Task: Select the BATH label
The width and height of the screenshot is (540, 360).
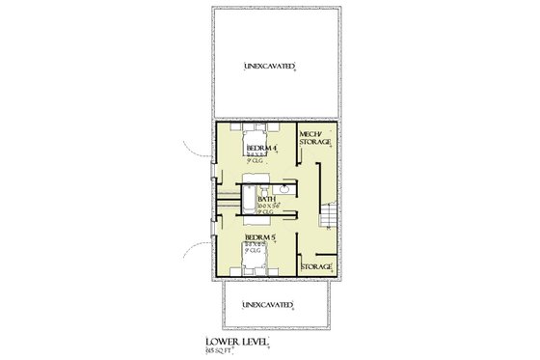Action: click(x=266, y=200)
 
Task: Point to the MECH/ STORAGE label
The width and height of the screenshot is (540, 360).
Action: click(x=315, y=137)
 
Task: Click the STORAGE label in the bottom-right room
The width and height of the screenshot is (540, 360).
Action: click(x=317, y=266)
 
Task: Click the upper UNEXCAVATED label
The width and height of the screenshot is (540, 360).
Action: click(x=269, y=67)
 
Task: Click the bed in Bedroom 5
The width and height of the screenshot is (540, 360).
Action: click(x=256, y=259)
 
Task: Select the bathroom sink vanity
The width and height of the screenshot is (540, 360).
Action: click(x=286, y=188)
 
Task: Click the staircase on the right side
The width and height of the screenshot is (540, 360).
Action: click(x=330, y=217)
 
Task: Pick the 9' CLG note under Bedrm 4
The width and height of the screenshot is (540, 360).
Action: click(x=256, y=161)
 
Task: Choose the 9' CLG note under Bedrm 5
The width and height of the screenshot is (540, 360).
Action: click(x=256, y=251)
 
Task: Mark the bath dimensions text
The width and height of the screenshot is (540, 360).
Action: click(x=267, y=206)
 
